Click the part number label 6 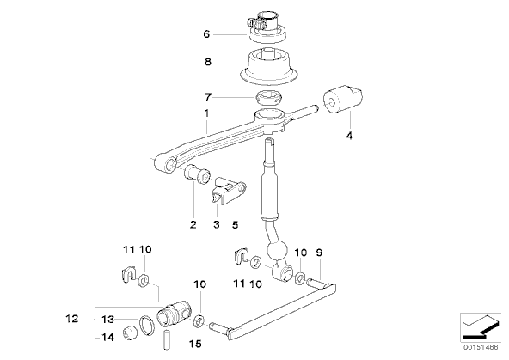coord(206,34)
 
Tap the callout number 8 coord(208,62)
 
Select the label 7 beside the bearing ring coord(208,96)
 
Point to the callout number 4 coord(349,136)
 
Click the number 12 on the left coord(72,319)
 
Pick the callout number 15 coord(195,344)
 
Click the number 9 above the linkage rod coord(319,253)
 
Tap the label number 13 coord(107,320)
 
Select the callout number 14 coord(107,338)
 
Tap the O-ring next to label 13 coord(147,326)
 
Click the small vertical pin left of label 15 coord(167,340)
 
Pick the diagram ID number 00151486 coord(481,347)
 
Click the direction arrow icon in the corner coord(481,326)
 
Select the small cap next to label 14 coord(130,333)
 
